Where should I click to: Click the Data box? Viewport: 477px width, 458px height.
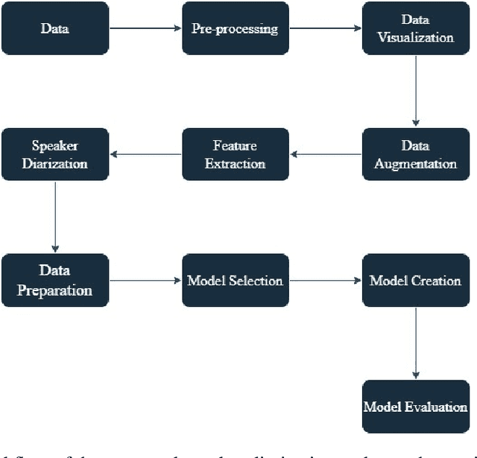tap(55, 29)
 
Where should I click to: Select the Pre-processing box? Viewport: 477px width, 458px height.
tap(236, 29)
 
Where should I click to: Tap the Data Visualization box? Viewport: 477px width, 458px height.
tap(415, 29)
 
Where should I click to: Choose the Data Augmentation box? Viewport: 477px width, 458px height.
tap(415, 154)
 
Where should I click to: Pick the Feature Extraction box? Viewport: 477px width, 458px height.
tap(236, 154)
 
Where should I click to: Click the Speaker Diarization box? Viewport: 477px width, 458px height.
tap(55, 154)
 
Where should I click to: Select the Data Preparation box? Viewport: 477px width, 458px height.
tap(55, 280)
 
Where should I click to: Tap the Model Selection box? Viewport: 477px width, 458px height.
tap(236, 280)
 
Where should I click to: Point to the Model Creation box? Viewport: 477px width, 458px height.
tap(415, 280)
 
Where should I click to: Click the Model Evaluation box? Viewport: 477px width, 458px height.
tap(415, 406)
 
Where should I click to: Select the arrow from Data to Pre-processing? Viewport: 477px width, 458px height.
tap(145, 29)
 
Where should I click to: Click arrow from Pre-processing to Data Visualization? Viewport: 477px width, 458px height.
tap(326, 29)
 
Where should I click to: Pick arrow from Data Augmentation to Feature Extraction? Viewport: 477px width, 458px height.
tap(326, 154)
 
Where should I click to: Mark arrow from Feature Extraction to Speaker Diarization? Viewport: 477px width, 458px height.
tap(145, 154)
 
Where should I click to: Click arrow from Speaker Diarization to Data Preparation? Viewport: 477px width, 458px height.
tap(55, 217)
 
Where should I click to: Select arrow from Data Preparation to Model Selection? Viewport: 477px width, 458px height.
tap(145, 280)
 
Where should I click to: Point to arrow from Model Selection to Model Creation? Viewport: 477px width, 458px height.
tap(326, 280)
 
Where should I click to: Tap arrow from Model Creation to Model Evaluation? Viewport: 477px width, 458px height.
tap(415, 343)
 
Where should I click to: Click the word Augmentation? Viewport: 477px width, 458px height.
tap(415, 163)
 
